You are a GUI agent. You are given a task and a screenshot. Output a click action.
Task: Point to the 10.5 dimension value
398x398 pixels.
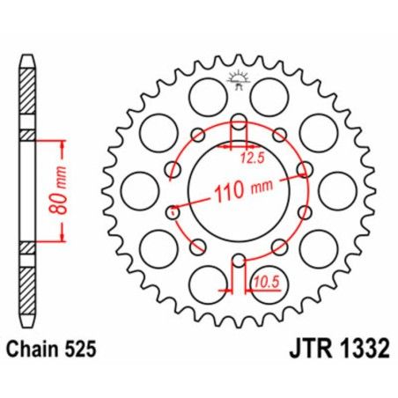pyautogui.click(x=255, y=280)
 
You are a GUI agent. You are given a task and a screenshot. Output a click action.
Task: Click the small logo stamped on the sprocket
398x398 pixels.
pyautogui.click(x=238, y=79)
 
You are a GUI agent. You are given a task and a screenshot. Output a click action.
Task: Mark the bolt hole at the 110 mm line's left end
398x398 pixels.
pyautogui.click(x=173, y=210)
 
